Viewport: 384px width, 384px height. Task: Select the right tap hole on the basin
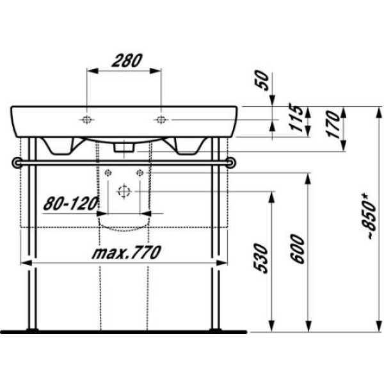pos(161,120)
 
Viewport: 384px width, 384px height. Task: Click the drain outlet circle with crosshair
pos(124,191)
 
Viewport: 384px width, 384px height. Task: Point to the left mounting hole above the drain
pos(108,172)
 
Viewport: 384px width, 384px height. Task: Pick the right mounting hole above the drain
pos(140,172)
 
